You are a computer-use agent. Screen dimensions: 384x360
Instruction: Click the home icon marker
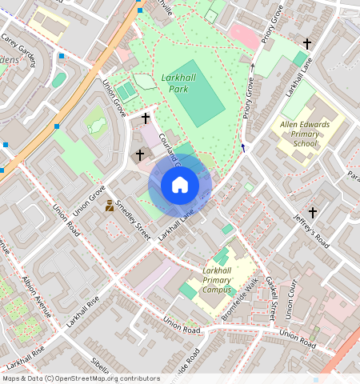pos(180,185)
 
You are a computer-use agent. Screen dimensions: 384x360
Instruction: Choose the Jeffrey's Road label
pos(310,229)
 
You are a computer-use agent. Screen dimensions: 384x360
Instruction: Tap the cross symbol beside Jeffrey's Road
pos(313,213)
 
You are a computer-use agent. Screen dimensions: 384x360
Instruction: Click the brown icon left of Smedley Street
pos(110,206)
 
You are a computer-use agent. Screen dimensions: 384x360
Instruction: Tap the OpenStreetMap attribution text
pos(80,378)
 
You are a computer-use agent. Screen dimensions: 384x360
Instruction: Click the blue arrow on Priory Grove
pos(243,146)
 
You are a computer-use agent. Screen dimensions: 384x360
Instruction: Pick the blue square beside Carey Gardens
pos(61,56)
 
